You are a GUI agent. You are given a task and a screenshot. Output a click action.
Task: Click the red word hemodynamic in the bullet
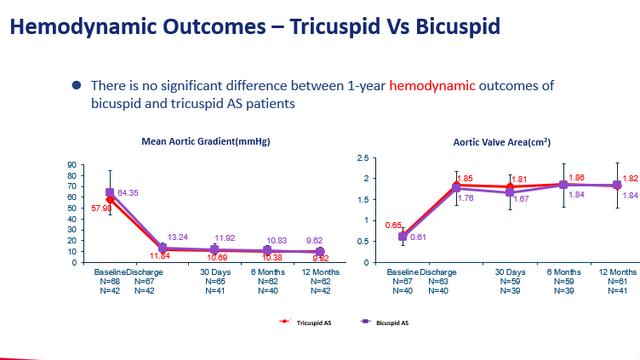pos(432,86)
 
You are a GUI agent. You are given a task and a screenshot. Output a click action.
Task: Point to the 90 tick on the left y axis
pos(73,164)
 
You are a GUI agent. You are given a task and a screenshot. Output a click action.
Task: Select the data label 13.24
pos(179,237)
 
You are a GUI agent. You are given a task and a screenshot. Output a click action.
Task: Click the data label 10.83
pos(278,242)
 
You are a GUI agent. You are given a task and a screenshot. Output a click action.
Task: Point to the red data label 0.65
pos(393,226)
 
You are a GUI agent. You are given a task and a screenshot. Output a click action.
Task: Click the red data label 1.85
pos(464,179)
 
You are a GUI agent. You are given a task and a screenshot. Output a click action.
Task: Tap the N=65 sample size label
pos(216,281)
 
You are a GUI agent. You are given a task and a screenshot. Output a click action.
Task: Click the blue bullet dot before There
pos(76,86)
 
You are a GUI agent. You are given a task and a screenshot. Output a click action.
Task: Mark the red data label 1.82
pos(630,179)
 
